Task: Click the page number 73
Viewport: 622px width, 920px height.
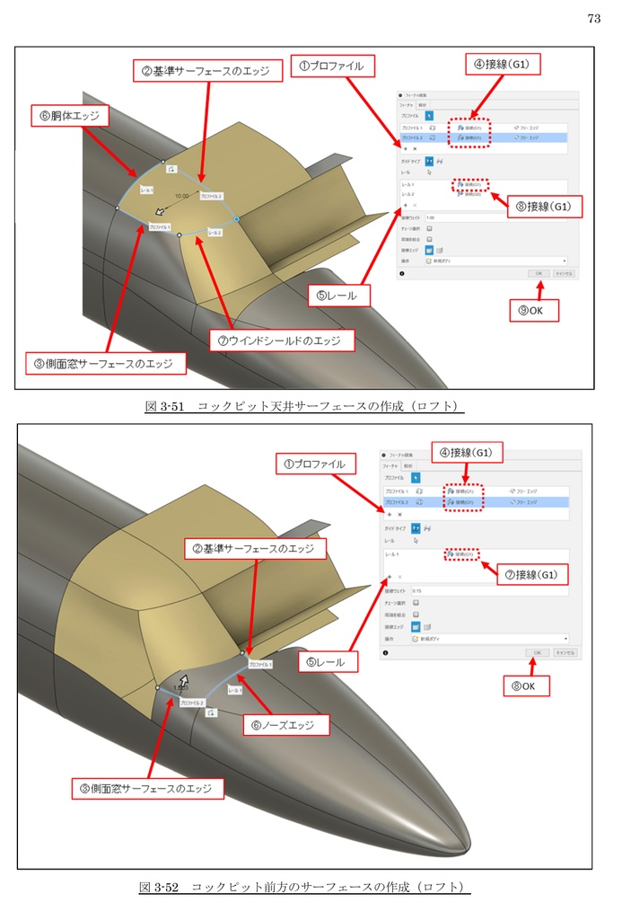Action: pos(593,18)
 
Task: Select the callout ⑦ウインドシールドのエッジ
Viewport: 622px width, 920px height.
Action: pos(281,341)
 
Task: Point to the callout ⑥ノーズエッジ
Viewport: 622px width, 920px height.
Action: pos(285,722)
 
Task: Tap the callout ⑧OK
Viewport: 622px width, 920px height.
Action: pos(529,686)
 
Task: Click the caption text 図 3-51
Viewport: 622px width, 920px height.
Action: pos(164,406)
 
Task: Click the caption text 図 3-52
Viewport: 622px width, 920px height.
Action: pos(159,887)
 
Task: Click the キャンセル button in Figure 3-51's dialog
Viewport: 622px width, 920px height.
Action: pos(564,271)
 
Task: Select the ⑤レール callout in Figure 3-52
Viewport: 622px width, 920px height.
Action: pos(328,662)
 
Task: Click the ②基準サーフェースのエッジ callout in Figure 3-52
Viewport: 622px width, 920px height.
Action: pos(256,547)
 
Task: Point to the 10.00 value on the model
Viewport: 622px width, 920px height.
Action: pos(182,195)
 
